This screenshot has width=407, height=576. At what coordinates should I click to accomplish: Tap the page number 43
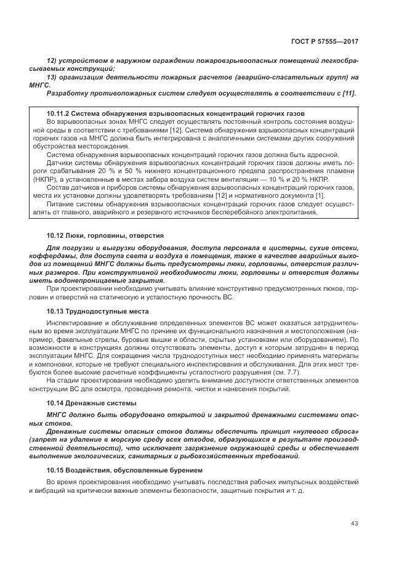point(354,524)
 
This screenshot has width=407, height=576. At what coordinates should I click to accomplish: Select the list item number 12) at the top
point(52,63)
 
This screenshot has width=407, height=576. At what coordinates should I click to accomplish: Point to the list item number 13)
point(52,78)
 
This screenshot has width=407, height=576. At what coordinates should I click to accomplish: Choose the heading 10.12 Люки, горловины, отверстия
point(105,236)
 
